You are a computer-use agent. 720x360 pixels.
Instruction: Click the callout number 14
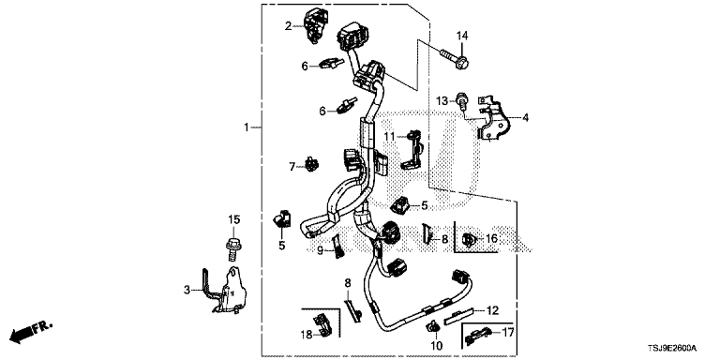point(461,36)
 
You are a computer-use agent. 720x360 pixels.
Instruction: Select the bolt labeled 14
point(454,59)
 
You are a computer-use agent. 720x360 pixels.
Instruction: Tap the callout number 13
point(442,101)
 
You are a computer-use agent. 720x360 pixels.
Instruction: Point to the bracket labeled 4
point(492,119)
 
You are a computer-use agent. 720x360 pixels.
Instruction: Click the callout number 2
point(288,26)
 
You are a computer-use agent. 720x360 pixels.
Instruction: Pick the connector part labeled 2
point(315,25)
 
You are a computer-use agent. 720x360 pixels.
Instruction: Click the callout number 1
point(247,127)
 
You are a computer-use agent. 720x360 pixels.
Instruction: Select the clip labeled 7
point(312,164)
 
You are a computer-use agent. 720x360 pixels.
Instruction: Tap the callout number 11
point(390,136)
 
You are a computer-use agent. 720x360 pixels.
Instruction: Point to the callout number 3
point(187,290)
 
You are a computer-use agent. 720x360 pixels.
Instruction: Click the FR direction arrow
point(31,332)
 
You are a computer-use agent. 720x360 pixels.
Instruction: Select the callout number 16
point(491,238)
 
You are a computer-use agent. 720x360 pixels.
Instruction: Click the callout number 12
point(492,311)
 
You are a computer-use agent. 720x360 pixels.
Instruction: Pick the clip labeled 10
point(433,328)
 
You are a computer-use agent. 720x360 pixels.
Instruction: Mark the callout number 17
point(508,332)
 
